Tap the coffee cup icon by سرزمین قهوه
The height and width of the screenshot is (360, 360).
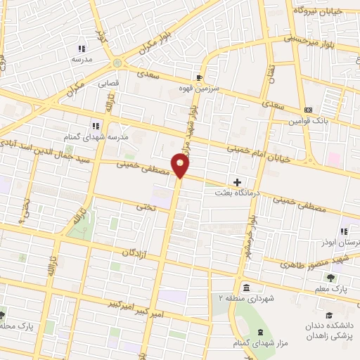[x=199, y=77]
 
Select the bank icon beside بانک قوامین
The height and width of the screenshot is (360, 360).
[x=308, y=110]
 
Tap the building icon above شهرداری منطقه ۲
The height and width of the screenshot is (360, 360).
[x=246, y=288]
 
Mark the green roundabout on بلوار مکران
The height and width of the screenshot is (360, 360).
[x=117, y=63]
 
